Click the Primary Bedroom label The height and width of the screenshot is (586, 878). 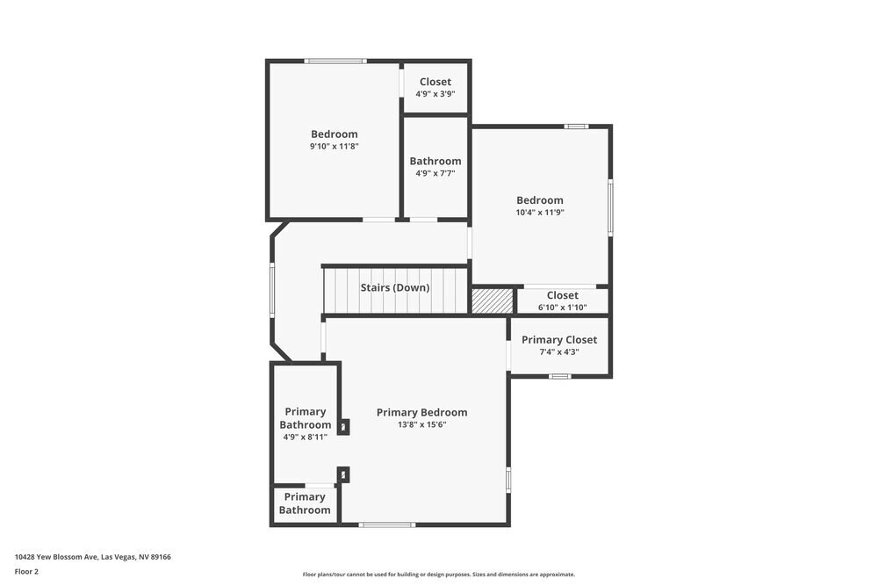tap(421, 412)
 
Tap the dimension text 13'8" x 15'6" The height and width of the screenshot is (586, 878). tap(421, 424)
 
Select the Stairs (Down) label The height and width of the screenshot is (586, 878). tap(395, 287)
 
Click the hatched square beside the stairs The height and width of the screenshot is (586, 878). tap(492, 300)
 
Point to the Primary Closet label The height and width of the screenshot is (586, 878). tap(559, 340)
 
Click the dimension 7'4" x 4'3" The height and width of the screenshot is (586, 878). tap(559, 352)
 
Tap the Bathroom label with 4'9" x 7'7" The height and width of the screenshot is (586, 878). tap(435, 161)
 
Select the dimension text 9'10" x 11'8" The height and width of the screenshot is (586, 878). tap(334, 147)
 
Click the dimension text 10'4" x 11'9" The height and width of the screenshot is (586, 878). tap(539, 213)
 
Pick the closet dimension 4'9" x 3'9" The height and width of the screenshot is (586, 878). tap(435, 94)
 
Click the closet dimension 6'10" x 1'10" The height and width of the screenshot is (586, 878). tap(562, 307)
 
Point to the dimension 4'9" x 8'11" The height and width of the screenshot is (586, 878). tap(306, 437)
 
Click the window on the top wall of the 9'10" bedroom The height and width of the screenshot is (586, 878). tap(335, 61)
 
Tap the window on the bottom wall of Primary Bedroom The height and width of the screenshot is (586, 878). tap(387, 525)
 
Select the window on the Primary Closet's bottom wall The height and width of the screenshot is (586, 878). tap(559, 376)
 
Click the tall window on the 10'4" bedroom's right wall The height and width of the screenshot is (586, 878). tap(610, 207)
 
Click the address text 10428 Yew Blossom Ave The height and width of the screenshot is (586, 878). tap(92, 556)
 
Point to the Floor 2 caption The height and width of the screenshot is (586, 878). tap(26, 571)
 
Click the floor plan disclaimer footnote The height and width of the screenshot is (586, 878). tap(439, 575)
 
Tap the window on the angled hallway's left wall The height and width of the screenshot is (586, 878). tap(272, 290)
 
